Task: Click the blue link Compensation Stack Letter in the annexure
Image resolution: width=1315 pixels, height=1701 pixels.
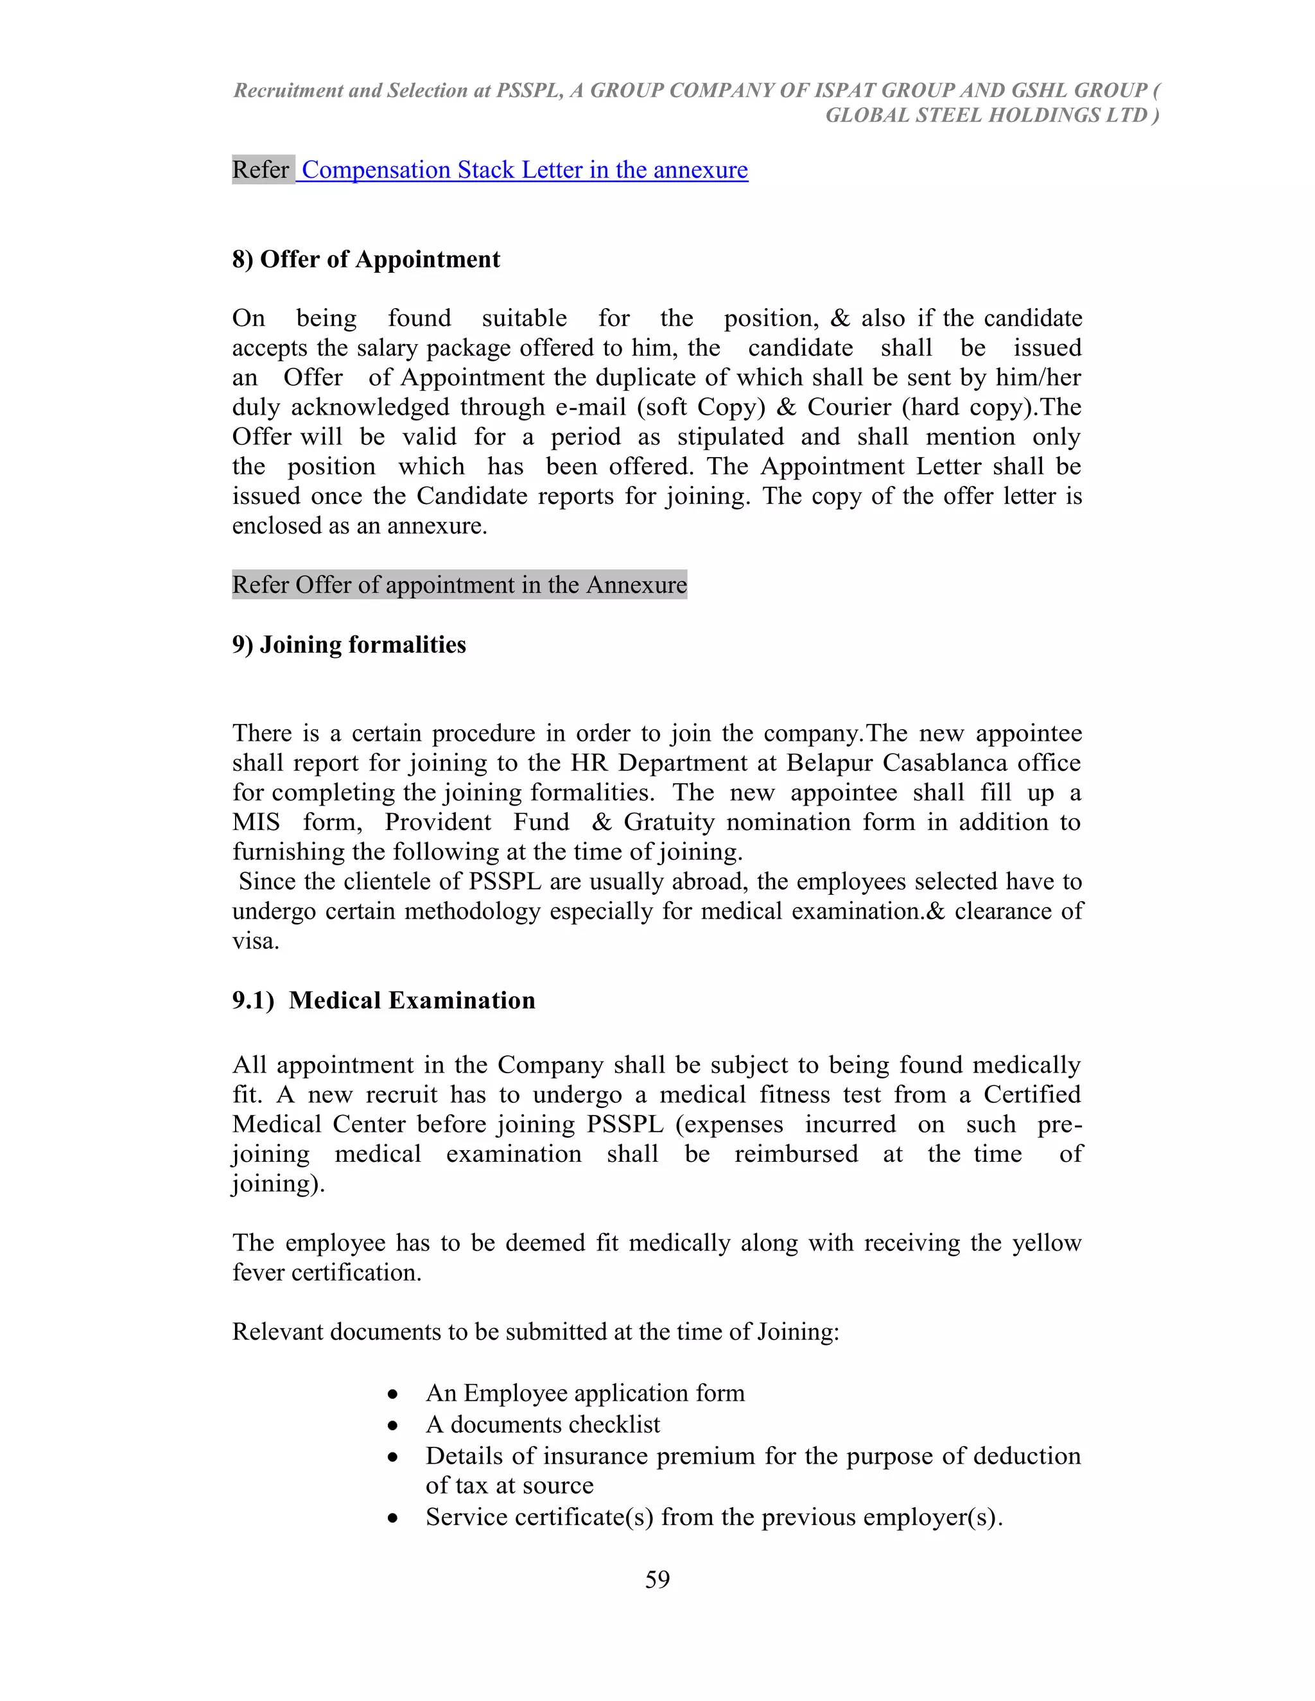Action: point(525,170)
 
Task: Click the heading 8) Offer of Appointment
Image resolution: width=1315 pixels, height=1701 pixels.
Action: point(365,259)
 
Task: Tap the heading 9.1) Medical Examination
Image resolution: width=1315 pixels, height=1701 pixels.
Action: point(383,1000)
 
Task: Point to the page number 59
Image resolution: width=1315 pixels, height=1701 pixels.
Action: point(657,1580)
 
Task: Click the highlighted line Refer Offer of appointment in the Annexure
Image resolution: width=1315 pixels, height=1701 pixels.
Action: point(459,585)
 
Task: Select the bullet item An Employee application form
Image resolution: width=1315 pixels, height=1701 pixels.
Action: point(584,1393)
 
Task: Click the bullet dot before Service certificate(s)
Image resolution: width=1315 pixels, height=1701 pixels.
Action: point(394,1519)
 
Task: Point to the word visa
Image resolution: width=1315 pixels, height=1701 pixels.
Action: point(254,941)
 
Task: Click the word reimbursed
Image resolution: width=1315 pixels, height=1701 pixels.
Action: point(796,1153)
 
